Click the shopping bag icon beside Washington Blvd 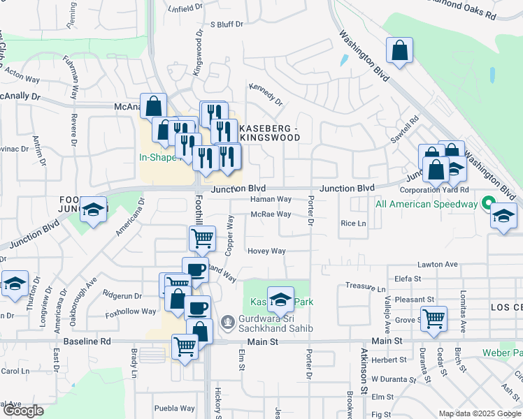(400, 51)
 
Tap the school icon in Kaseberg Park (280, 300)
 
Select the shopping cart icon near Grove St (434, 318)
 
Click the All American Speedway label (426, 205)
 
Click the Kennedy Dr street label (266, 94)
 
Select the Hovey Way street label (266, 251)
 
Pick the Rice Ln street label (352, 223)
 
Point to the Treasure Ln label (366, 288)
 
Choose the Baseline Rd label (87, 341)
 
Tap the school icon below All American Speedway (501, 216)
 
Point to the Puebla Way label (174, 409)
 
